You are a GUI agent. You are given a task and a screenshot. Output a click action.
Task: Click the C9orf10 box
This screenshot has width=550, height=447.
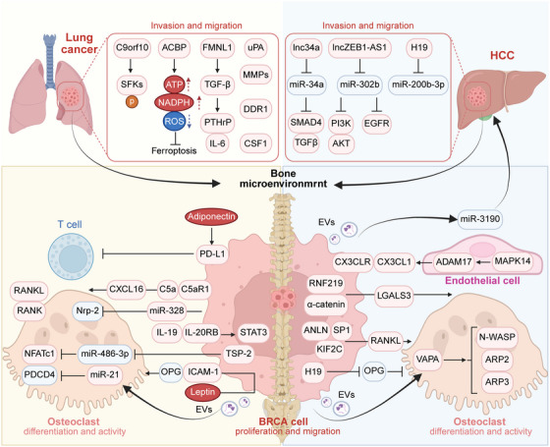133,47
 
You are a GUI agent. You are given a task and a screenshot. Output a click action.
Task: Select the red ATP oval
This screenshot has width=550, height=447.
174,84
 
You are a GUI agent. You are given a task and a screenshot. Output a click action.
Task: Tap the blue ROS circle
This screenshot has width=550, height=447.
174,122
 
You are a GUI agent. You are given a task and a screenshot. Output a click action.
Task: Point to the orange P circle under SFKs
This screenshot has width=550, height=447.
132,101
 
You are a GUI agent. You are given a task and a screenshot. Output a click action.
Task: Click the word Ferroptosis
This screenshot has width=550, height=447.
174,151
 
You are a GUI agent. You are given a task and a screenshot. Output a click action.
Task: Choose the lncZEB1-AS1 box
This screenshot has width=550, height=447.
359,47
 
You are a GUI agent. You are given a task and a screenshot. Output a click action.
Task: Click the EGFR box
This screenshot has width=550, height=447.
377,124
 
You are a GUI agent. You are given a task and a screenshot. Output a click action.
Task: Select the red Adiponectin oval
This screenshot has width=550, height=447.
211,216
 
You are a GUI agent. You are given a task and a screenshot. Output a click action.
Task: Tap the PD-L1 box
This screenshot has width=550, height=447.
212,253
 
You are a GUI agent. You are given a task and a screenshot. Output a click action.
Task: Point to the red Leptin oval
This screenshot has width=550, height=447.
202,392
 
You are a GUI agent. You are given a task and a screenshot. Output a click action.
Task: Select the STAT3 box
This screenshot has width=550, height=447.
253,332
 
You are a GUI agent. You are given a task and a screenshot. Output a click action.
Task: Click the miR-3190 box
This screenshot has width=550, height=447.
479,219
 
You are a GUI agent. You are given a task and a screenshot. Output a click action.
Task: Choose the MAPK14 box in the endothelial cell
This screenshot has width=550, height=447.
513,261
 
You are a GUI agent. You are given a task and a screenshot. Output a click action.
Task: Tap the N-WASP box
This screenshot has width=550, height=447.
497,337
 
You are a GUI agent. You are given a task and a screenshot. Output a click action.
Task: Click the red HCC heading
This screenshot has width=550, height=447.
502,55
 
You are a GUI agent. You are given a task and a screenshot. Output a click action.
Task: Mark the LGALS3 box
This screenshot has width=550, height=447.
394,296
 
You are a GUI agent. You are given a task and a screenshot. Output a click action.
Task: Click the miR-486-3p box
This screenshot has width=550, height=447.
105,354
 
